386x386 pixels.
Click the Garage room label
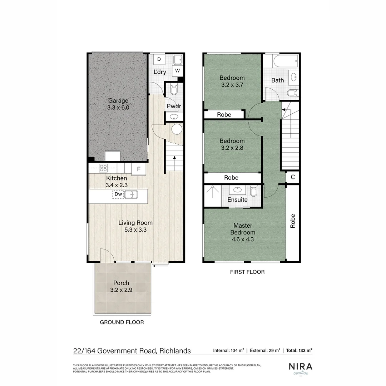point(118,100)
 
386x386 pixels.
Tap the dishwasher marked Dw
point(118,194)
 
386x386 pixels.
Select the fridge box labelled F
point(138,169)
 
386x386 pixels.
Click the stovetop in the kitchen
point(104,167)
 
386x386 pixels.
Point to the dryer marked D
point(159,59)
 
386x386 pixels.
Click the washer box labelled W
point(177,70)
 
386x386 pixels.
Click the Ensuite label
point(237,200)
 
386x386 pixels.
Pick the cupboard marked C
point(293,177)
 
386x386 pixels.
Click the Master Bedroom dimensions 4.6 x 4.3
point(243,239)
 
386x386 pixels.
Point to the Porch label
point(121,283)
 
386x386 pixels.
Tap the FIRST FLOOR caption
point(247,272)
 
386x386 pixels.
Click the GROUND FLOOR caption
point(122,322)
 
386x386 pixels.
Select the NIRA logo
point(300,367)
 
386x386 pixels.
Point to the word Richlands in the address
point(175,351)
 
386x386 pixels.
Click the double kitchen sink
point(131,194)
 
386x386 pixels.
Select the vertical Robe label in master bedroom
point(293,221)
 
